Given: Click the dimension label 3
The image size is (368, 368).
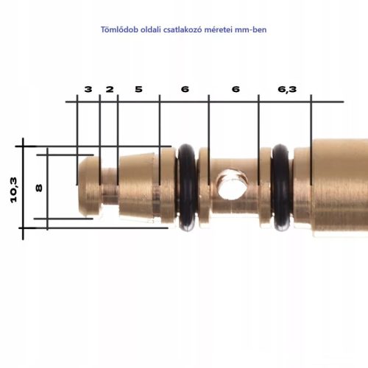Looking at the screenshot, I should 88,89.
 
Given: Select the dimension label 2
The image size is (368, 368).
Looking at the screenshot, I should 109,89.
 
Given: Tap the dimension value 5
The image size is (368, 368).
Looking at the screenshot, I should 138,89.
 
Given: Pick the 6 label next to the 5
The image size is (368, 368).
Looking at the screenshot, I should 184,89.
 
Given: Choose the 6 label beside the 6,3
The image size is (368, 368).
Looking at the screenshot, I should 235,89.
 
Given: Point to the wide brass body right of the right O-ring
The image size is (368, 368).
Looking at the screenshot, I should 331,188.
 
